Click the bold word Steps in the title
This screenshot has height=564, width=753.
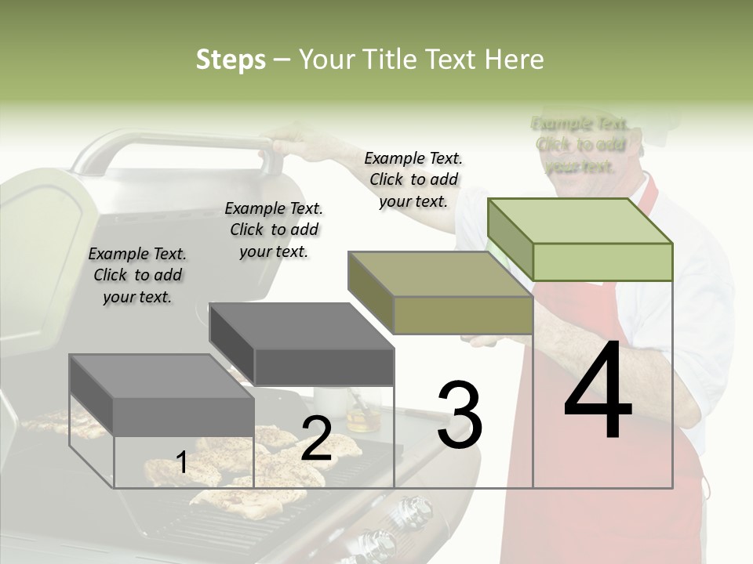(x=231, y=60)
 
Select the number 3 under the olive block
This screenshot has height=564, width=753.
(x=459, y=415)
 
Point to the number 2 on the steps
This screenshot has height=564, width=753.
(x=316, y=439)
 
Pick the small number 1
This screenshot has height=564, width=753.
(x=182, y=463)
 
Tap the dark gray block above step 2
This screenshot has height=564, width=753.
(x=302, y=345)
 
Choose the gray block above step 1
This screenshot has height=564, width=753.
(x=162, y=396)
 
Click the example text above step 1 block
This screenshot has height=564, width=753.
(x=137, y=275)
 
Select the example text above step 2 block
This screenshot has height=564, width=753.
(x=274, y=230)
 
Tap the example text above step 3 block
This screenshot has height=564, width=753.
(x=413, y=179)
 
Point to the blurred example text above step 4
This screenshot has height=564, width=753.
(x=580, y=145)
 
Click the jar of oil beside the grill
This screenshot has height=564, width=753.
(x=362, y=415)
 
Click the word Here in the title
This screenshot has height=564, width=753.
(x=514, y=60)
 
